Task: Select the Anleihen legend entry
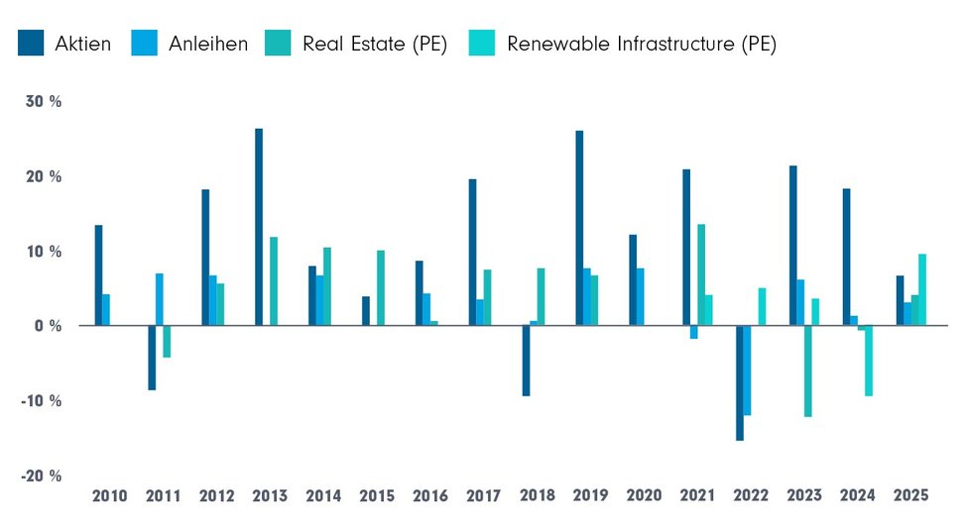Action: (x=189, y=44)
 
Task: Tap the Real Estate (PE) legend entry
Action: (x=358, y=44)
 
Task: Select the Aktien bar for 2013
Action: (x=259, y=227)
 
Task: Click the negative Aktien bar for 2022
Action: (x=740, y=382)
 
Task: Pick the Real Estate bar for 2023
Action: (x=808, y=371)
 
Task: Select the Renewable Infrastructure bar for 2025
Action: (x=922, y=289)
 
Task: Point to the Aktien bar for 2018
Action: (x=526, y=361)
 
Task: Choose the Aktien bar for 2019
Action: (x=579, y=228)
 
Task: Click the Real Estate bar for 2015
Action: (x=381, y=287)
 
